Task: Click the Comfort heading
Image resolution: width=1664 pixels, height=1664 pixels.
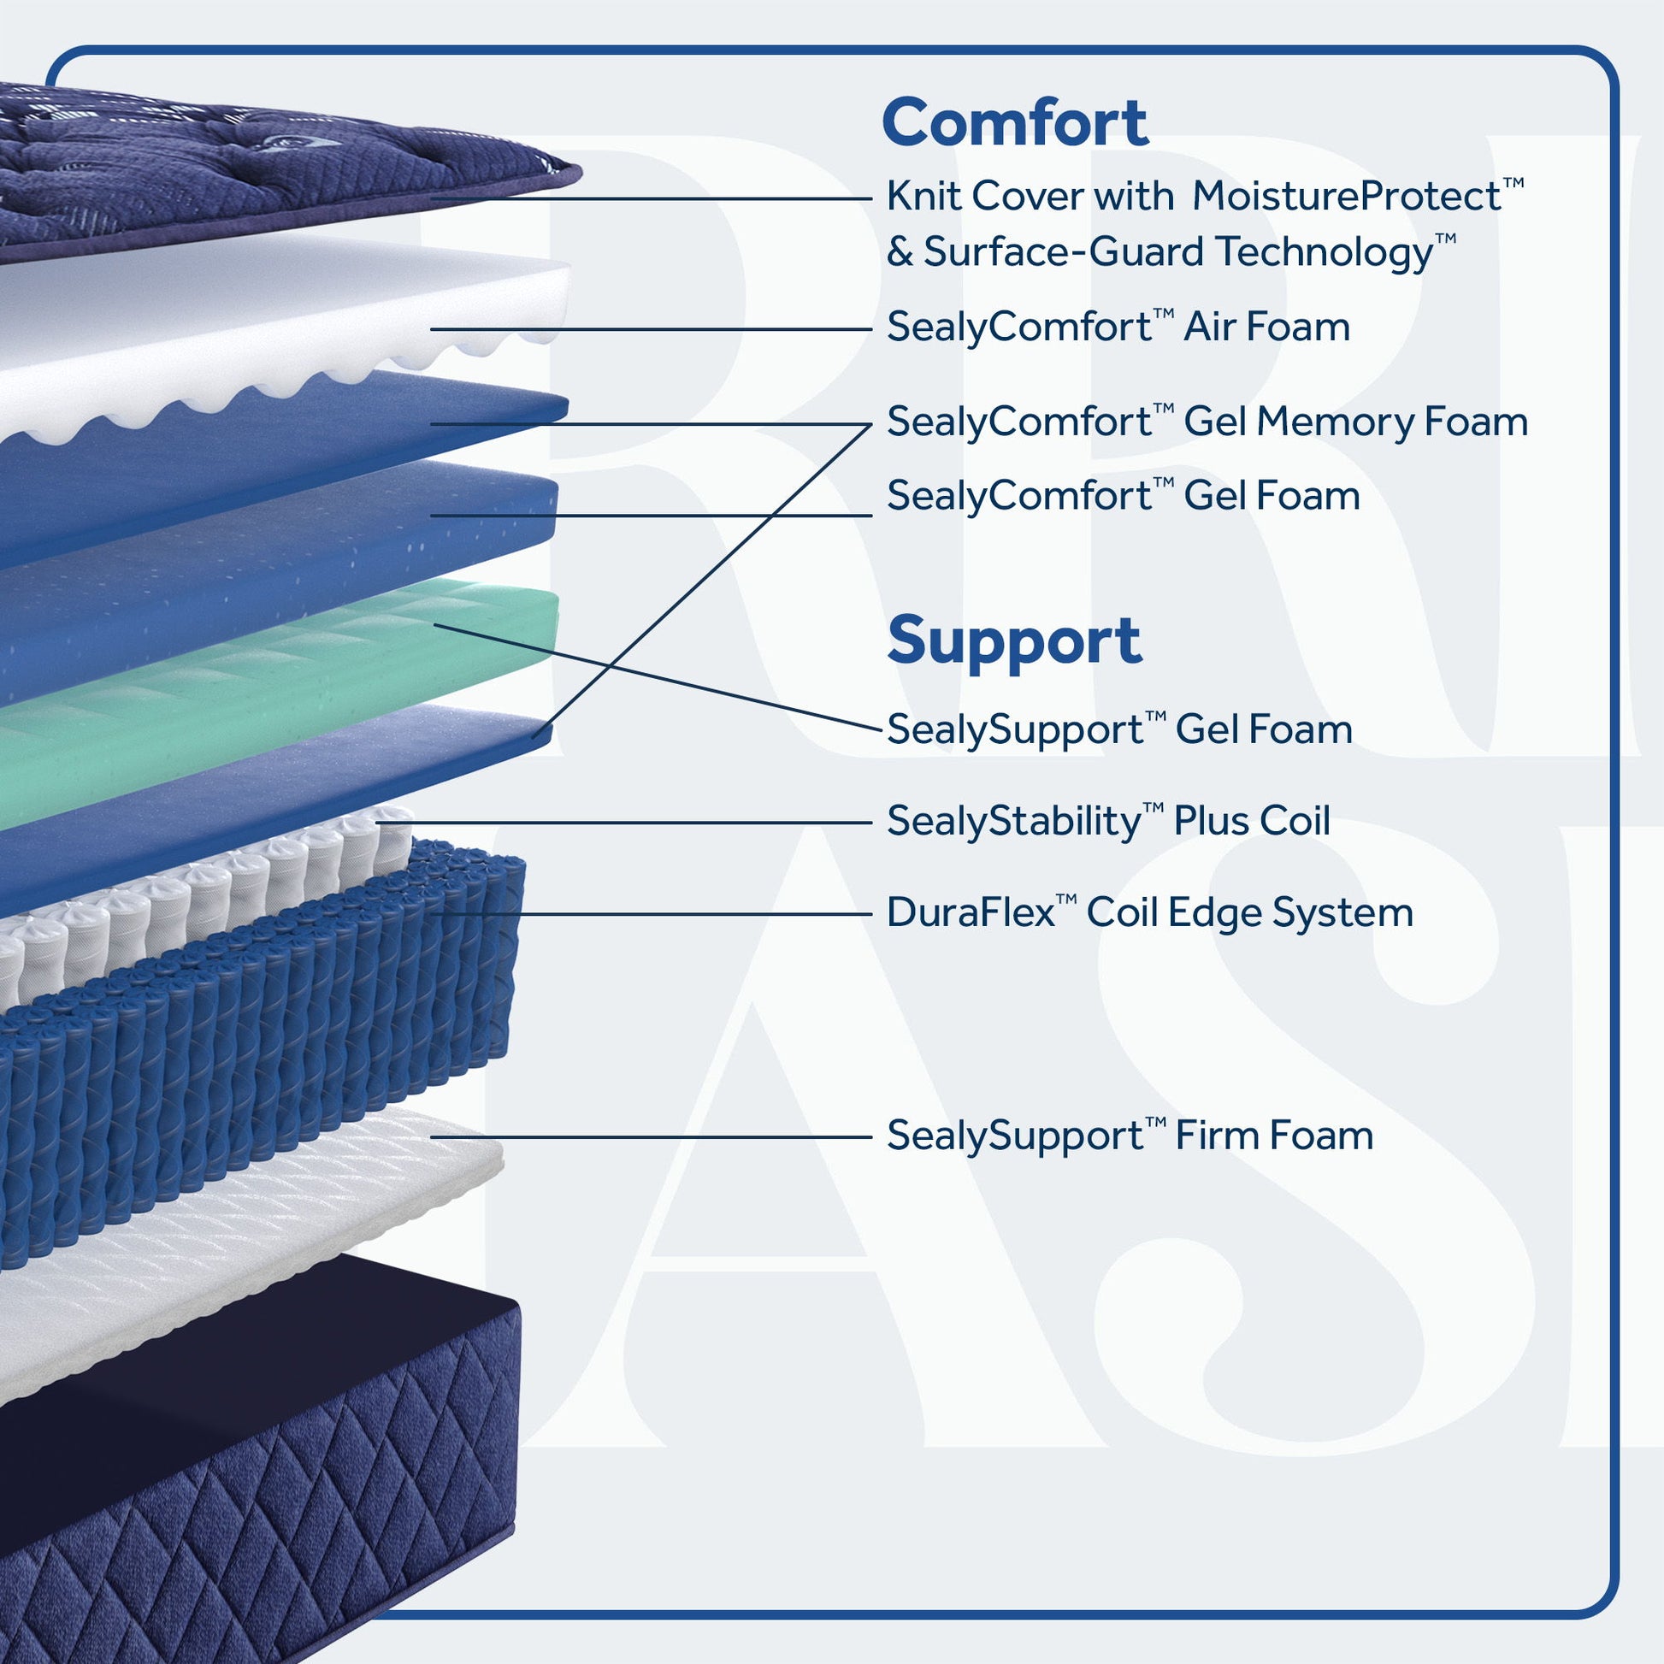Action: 1015,123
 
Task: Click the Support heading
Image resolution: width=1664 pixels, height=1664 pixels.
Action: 1014,640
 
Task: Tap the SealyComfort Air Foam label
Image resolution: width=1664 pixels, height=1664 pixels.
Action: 1118,327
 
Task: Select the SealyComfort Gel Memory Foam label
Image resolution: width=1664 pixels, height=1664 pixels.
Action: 1207,422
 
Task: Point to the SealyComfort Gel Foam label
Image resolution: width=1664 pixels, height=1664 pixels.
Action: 1123,496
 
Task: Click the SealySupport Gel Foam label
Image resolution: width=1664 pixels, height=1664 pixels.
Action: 1119,729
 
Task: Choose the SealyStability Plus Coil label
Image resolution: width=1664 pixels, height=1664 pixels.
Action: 1108,821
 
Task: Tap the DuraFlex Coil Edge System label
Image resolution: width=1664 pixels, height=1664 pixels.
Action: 1150,913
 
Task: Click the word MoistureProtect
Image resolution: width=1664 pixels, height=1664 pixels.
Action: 1357,197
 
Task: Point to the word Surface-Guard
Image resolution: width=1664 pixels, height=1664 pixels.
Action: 1065,252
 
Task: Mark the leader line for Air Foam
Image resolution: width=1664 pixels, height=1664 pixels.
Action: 651,329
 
